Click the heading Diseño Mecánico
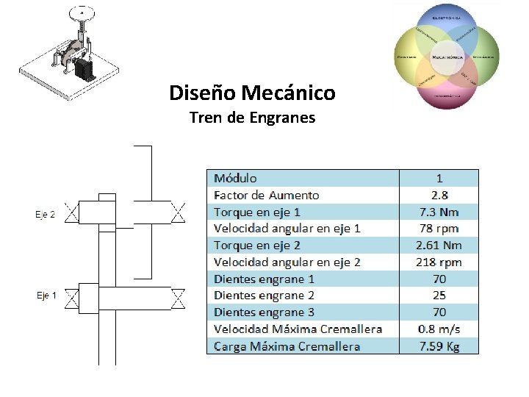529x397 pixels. pos(252,93)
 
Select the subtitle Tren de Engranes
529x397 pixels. pos(252,117)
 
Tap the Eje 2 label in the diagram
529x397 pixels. pos(46,215)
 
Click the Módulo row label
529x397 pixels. pos(235,178)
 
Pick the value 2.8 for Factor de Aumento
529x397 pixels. pos(439,195)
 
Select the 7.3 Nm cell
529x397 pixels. pos(439,212)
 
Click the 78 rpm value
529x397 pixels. pos(439,229)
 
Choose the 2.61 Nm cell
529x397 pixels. pos(439,246)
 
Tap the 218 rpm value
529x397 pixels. pos(439,262)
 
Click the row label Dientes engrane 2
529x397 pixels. pos(264,296)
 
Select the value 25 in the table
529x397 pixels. pos(439,296)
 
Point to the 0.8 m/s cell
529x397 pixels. pos(439,329)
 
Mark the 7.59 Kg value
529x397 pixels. pos(439,346)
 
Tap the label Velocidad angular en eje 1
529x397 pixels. pos(287,229)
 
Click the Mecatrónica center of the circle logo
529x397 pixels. pos(447,57)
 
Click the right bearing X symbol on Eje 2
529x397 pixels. pos(178,214)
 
